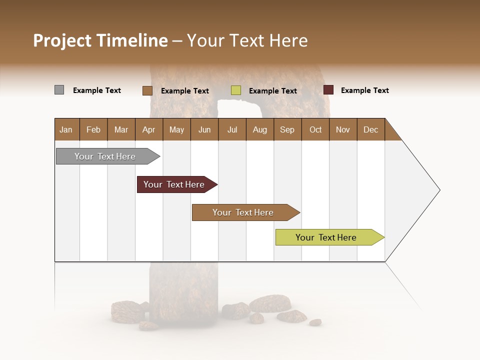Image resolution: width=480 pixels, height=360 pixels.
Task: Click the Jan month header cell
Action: (x=66, y=129)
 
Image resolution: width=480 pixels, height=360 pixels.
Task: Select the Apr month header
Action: (x=149, y=129)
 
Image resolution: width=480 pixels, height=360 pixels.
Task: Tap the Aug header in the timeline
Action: (x=259, y=129)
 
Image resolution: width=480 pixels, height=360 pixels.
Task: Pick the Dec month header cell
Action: (x=370, y=129)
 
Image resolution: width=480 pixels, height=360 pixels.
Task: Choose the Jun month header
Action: (x=204, y=129)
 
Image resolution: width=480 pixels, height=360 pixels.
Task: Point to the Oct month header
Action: (x=315, y=129)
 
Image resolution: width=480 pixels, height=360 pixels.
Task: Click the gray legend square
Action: (x=59, y=90)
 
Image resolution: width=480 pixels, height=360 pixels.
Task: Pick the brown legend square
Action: (x=147, y=90)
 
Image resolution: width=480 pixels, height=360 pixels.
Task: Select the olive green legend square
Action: (x=236, y=90)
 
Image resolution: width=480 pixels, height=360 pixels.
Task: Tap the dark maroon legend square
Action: (x=328, y=90)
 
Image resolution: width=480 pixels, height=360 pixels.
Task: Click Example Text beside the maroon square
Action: (x=364, y=90)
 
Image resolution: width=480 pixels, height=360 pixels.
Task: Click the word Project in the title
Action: (x=62, y=40)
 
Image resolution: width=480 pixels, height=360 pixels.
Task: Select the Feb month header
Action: (x=93, y=129)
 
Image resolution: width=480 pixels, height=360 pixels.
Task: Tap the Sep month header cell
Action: (x=287, y=129)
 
